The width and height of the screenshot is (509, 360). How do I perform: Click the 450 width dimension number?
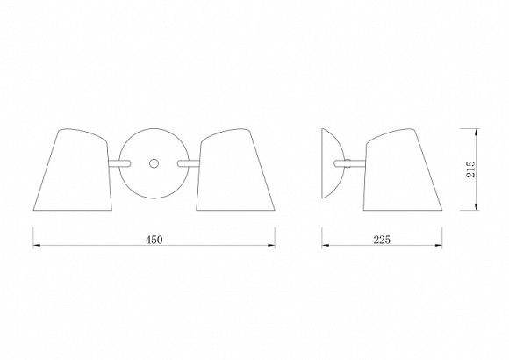tap(154, 240)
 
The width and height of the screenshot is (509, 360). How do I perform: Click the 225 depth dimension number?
tap(382, 240)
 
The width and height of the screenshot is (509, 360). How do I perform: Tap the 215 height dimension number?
tap(470, 169)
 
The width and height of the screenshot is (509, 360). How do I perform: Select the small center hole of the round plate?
tap(154, 163)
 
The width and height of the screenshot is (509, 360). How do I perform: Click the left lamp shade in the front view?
tap(73, 169)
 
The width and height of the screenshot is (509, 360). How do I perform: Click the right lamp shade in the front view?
tap(236, 169)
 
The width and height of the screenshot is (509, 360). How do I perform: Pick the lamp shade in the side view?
tap(403, 169)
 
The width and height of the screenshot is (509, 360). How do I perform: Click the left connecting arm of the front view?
tap(119, 163)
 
